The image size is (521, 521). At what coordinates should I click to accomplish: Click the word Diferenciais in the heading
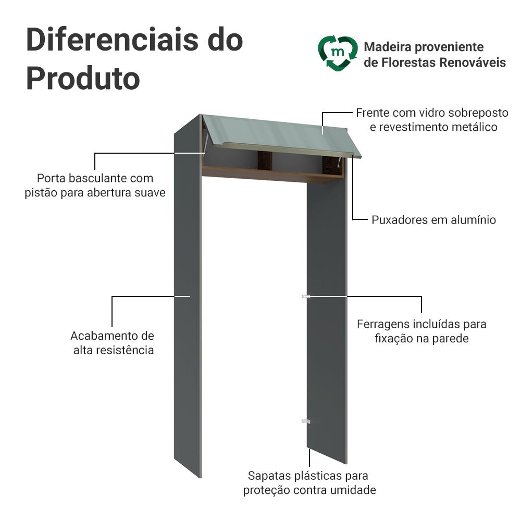tap(113, 40)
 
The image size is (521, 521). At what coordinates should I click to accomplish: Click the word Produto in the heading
tap(83, 79)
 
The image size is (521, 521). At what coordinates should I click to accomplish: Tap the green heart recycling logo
tap(338, 54)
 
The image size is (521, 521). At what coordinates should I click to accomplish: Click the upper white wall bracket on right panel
tap(306, 296)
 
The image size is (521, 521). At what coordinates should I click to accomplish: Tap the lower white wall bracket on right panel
tap(306, 421)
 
